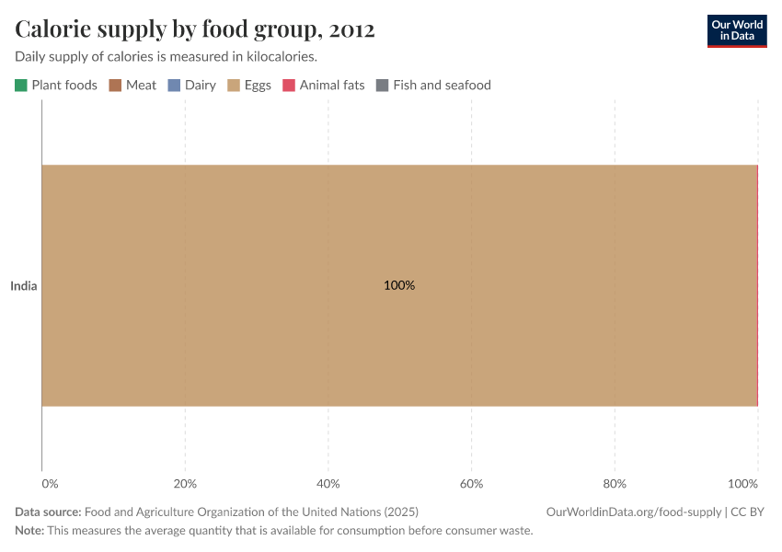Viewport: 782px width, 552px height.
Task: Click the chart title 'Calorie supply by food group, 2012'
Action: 195,29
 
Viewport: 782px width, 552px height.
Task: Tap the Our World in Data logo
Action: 736,30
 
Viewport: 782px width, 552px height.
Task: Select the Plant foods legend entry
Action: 56,86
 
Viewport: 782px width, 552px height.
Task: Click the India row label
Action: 24,286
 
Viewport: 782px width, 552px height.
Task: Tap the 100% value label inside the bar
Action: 399,286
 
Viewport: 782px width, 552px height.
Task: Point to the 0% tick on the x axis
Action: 50,484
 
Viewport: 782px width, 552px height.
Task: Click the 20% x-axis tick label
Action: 185,484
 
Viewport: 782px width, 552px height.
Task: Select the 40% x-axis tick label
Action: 328,484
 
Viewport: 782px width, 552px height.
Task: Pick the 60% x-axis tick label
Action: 471,484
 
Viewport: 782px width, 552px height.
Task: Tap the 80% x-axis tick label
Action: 615,484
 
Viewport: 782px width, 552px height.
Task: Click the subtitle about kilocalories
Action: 167,57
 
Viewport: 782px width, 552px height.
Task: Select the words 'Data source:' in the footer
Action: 48,512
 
